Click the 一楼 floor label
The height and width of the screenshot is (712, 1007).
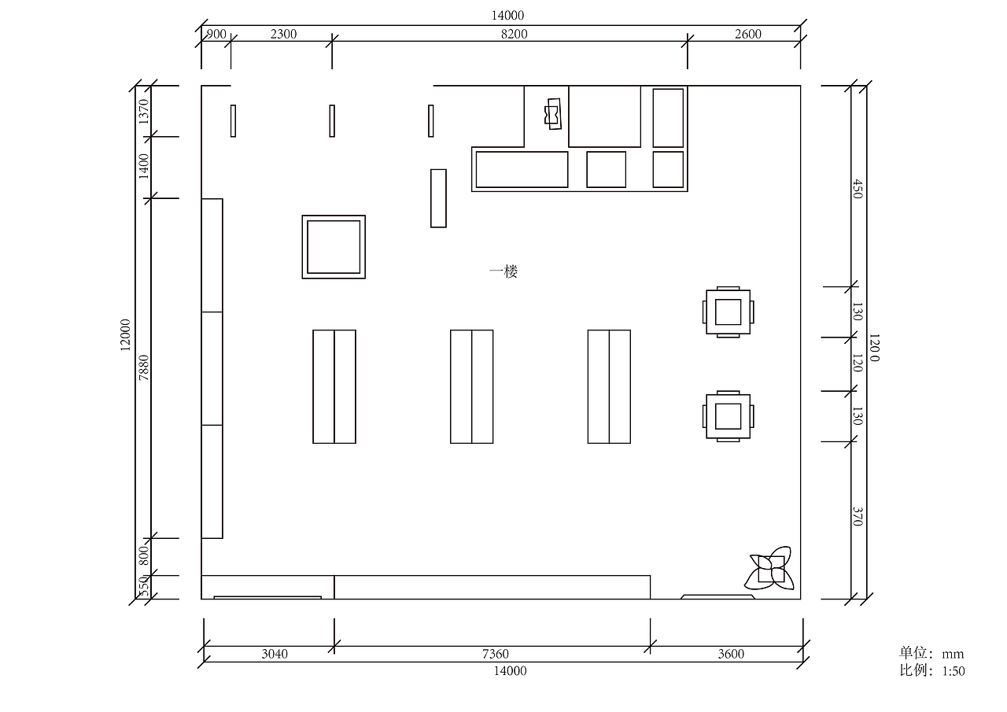point(503,271)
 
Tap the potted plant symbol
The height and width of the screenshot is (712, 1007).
point(769,569)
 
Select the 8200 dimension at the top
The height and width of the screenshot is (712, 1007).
point(514,34)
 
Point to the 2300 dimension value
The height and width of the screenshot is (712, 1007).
point(283,34)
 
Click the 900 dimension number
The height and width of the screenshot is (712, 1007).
point(216,34)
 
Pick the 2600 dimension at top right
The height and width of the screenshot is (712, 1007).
point(747,34)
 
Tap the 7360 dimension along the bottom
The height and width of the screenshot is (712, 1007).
point(495,654)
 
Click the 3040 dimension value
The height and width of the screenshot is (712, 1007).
point(275,654)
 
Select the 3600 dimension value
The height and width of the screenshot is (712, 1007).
point(731,654)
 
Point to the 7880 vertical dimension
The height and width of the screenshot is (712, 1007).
point(143,367)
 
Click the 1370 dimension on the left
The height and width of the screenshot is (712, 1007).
point(143,111)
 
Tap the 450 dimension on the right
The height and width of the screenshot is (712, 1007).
point(858,189)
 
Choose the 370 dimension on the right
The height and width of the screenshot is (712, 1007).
point(858,516)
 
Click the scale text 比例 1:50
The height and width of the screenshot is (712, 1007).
point(932,670)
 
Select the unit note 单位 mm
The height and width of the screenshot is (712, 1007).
point(931,653)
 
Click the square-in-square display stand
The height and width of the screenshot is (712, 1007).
point(334,247)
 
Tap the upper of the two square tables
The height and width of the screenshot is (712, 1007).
point(729,312)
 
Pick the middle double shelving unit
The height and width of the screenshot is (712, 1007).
point(471,386)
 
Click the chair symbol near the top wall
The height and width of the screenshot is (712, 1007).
point(553,114)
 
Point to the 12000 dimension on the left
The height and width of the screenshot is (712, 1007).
point(125,335)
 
